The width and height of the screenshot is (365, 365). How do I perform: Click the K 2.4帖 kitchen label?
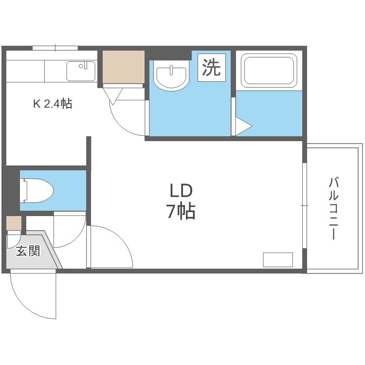click(x=52, y=104)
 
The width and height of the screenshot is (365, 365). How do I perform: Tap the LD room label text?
click(x=181, y=190)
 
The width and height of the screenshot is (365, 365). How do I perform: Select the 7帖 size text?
click(x=181, y=212)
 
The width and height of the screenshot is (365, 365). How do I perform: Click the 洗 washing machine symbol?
click(x=212, y=67)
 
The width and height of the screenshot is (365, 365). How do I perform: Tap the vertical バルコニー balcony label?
click(x=334, y=209)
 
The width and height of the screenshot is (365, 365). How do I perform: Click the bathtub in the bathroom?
click(x=269, y=71)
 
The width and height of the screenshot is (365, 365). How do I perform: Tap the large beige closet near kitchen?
click(x=124, y=67)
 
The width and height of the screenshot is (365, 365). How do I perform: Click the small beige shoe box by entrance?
click(x=14, y=223)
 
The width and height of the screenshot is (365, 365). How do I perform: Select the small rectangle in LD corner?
click(x=278, y=260)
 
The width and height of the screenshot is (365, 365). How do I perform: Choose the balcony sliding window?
click(x=305, y=206)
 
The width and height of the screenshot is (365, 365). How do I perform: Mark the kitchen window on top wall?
click(x=55, y=48)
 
